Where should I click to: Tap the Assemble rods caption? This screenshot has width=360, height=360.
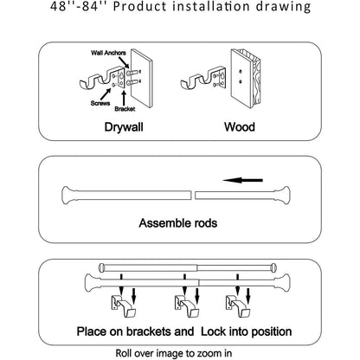[x=181, y=222]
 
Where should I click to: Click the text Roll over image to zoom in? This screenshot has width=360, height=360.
[x=180, y=352]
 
